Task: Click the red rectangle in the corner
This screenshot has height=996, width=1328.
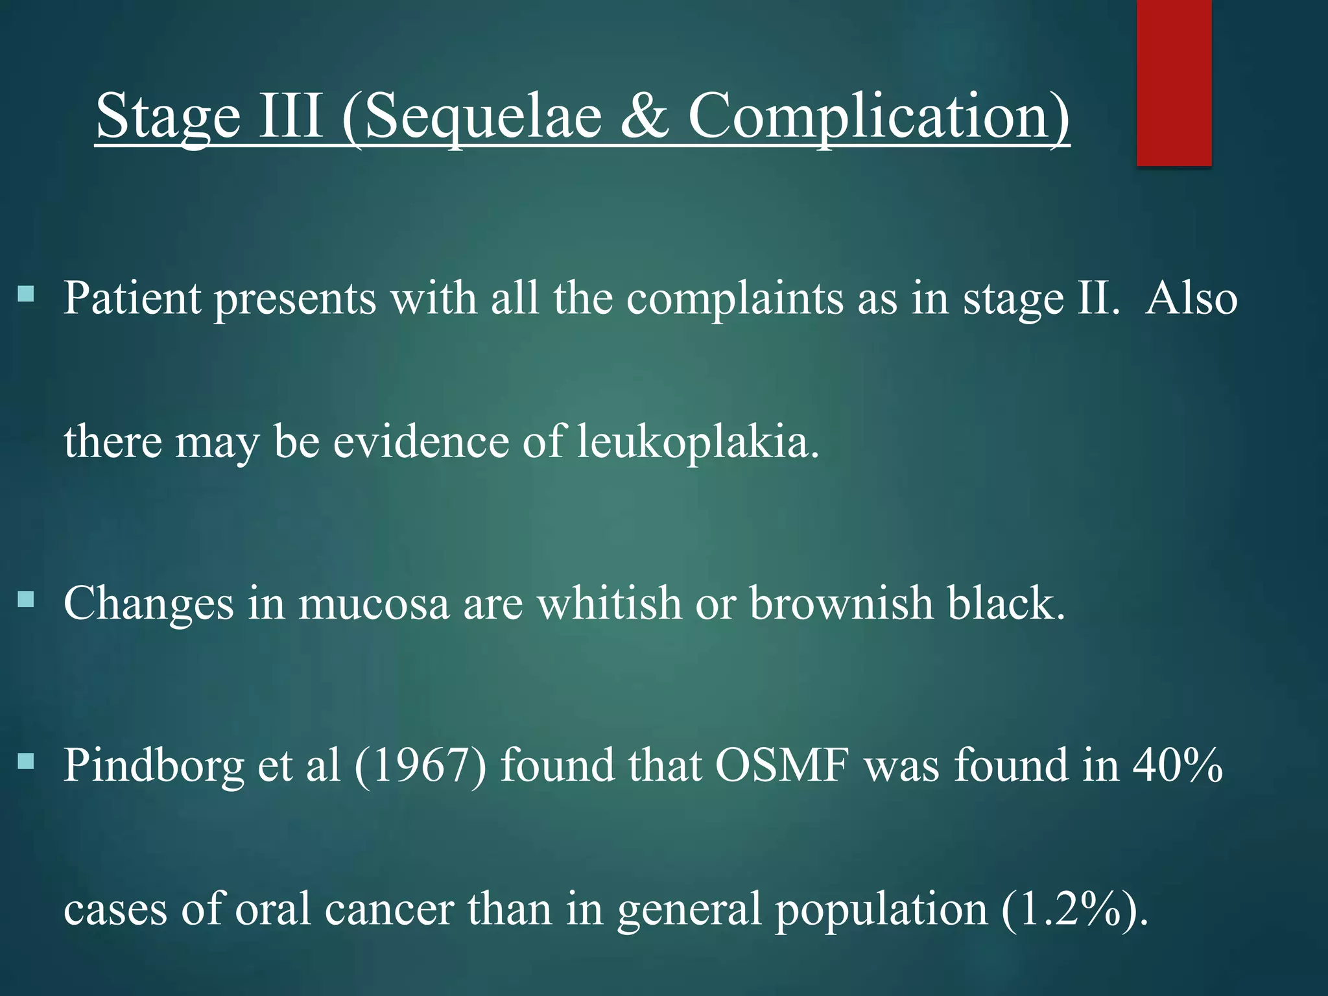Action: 1174,82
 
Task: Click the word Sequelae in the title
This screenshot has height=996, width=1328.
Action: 483,117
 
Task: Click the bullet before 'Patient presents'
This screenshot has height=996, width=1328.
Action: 26,296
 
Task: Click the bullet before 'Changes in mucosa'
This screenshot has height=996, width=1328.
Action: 26,599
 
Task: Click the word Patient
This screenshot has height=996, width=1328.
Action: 132,298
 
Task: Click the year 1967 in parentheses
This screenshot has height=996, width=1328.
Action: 420,765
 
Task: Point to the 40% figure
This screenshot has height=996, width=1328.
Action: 1178,765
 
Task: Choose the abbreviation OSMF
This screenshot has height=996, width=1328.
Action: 782,765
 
